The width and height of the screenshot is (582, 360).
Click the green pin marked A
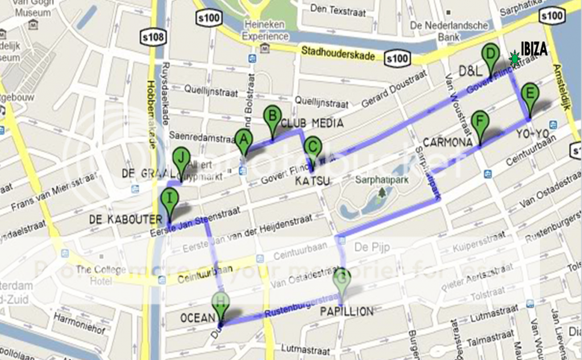pyautogui.click(x=244, y=140)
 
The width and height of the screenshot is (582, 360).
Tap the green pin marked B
pyautogui.click(x=272, y=118)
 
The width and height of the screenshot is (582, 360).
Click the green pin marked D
pyautogui.click(x=490, y=55)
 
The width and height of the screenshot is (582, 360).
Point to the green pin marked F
pyautogui.click(x=480, y=123)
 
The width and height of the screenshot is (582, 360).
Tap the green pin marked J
pyautogui.click(x=181, y=158)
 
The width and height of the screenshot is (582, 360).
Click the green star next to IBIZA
pyautogui.click(x=514, y=58)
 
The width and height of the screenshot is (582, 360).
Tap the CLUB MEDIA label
pyautogui.click(x=312, y=123)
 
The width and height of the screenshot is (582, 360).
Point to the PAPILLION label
pyautogui.click(x=346, y=311)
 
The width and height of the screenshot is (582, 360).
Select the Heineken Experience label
pyautogui.click(x=265, y=30)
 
